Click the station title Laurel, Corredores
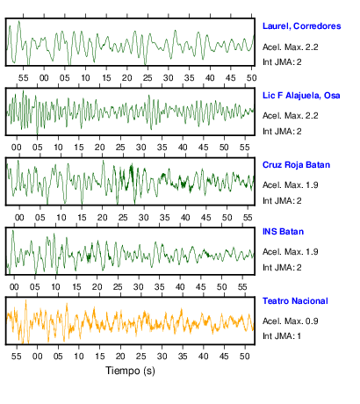click(302, 26)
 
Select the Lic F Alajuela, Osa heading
click(301, 96)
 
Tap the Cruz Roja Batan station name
click(296, 165)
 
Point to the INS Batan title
click(283, 232)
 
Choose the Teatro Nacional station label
click(295, 301)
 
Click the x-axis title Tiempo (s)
click(130, 371)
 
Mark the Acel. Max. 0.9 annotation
click(291, 321)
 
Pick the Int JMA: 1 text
click(282, 335)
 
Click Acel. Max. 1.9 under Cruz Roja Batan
click(291, 185)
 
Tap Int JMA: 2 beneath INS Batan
click(282, 267)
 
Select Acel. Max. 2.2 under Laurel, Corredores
click(291, 47)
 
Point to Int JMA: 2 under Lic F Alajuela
click(282, 131)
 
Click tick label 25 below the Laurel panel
click(148, 78)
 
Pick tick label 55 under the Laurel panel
click(24, 78)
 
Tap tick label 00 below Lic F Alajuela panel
click(17, 148)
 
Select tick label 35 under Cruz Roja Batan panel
click(164, 218)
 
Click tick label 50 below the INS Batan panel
click(221, 287)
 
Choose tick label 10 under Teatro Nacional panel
click(79, 357)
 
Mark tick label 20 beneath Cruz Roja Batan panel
click(103, 218)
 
